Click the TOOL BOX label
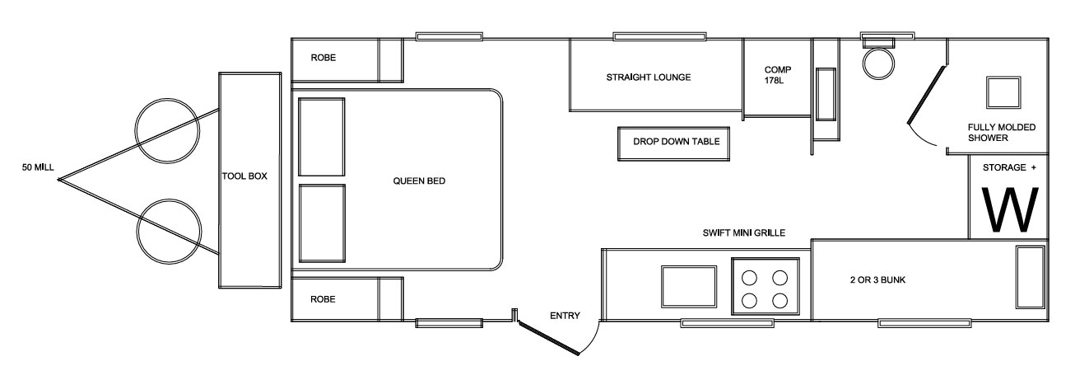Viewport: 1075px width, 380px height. click(x=244, y=176)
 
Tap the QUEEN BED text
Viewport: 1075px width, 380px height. click(x=419, y=181)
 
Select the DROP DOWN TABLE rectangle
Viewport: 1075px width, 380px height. click(x=673, y=143)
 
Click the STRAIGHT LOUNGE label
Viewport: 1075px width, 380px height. click(x=649, y=77)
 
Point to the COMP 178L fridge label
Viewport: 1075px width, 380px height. click(x=778, y=75)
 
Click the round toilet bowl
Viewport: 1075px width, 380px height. click(x=879, y=63)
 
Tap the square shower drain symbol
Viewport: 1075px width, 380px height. click(x=1003, y=92)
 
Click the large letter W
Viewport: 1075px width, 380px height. click(x=1011, y=209)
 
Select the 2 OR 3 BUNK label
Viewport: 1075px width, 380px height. click(x=877, y=280)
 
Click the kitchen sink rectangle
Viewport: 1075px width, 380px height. click(x=689, y=286)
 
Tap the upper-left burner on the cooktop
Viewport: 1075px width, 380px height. click(x=749, y=278)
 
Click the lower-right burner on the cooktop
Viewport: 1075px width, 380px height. click(x=779, y=301)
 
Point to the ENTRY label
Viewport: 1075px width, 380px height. click(x=565, y=316)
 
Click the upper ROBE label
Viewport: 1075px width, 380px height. click(x=323, y=58)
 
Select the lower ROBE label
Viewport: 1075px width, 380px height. click(x=323, y=299)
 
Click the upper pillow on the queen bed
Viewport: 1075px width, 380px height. click(x=322, y=137)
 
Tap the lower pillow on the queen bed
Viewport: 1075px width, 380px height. click(x=322, y=223)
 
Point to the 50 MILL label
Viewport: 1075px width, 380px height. click(x=38, y=167)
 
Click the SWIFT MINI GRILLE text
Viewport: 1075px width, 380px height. click(x=744, y=233)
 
